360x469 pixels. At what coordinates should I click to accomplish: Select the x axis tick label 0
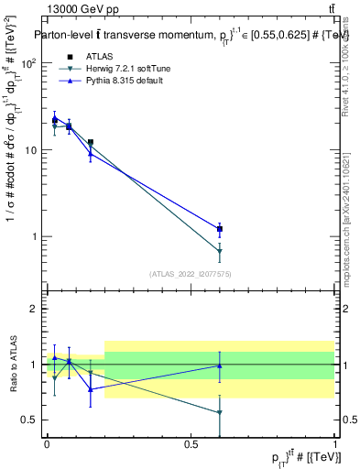point(47,442)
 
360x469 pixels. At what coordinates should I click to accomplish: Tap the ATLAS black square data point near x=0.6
point(219,229)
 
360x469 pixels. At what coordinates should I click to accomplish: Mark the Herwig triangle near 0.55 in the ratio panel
point(219,412)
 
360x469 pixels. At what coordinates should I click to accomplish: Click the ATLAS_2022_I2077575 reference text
point(190,274)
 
